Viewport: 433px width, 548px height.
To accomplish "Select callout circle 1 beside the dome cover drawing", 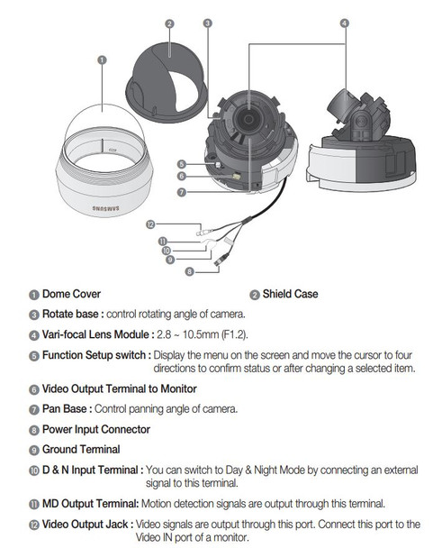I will click(102, 60).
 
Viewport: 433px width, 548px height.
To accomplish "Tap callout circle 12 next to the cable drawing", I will click(150, 223).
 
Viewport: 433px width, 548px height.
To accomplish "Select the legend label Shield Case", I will click(290, 294).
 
